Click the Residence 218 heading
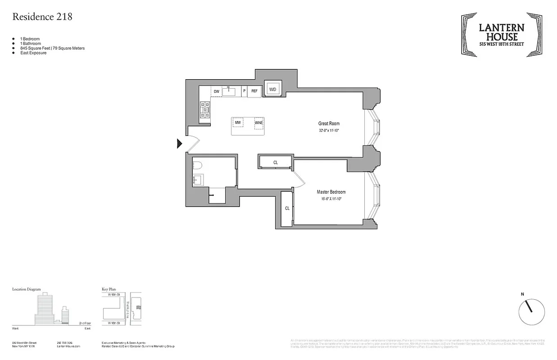42,17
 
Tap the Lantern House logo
501,34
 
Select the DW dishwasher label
217,91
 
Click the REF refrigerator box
254,91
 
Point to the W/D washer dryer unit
272,90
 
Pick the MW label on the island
237,122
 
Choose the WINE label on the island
258,122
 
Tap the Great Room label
329,123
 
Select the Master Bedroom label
331,192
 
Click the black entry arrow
179,144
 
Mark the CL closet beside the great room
275,162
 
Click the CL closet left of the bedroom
287,208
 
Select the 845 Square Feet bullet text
52,48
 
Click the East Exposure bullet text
33,53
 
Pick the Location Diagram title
26,289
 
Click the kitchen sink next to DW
229,91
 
